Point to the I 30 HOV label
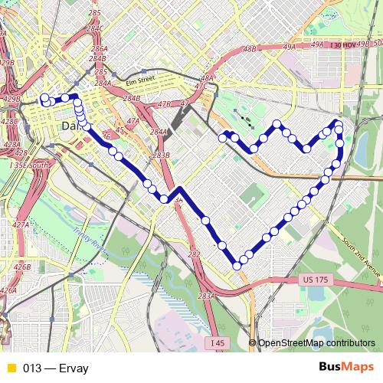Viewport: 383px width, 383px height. pyautogui.click(x=346, y=46)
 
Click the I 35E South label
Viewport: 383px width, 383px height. pyautogui.click(x=29, y=165)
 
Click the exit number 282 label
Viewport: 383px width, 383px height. pyautogui.click(x=194, y=254)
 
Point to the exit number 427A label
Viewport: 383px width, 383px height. pyautogui.click(x=21, y=225)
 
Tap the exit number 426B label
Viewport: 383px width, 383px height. pyautogui.click(x=22, y=267)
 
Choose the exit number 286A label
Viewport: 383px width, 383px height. pyautogui.click(x=100, y=48)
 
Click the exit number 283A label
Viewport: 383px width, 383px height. pyautogui.click(x=205, y=296)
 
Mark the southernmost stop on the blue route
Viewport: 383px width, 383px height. pyautogui.click(x=237, y=266)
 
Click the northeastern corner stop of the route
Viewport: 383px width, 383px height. pyautogui.click(x=338, y=123)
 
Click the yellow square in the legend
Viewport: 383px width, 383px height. pyautogui.click(x=10, y=368)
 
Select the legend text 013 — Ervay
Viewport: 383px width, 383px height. pyautogui.click(x=56, y=368)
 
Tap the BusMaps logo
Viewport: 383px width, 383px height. pyautogui.click(x=341, y=368)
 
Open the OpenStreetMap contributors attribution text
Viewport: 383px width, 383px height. pyautogui.click(x=316, y=343)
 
